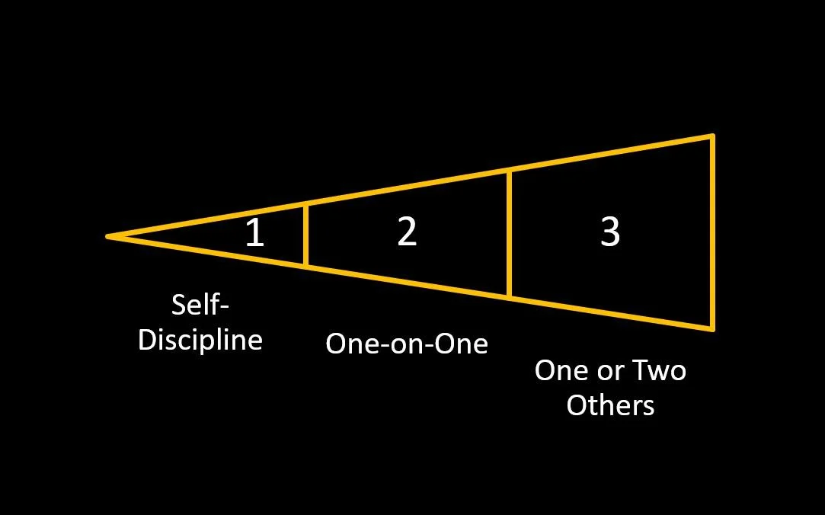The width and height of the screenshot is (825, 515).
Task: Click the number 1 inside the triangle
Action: [x=254, y=233]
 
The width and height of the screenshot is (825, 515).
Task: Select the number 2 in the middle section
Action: [x=408, y=232]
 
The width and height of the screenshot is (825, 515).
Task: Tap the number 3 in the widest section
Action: [x=609, y=232]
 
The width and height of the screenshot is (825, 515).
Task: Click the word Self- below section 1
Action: [x=200, y=305]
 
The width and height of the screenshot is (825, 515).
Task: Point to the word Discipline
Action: [x=200, y=339]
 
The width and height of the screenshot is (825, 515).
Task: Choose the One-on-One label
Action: [x=406, y=344]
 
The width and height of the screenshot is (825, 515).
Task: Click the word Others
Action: [x=610, y=405]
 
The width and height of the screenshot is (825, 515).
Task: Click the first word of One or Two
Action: [x=560, y=371]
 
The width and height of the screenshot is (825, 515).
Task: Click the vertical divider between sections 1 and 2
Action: [x=305, y=234]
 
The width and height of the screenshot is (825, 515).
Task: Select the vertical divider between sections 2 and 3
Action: [x=509, y=233]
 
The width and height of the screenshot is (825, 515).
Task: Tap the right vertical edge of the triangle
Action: [x=712, y=232]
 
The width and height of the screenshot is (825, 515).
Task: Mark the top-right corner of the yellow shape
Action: [x=712, y=136]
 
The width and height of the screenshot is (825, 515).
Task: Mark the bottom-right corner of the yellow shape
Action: [x=712, y=329]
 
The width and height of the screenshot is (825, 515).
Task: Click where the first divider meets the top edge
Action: [x=305, y=204]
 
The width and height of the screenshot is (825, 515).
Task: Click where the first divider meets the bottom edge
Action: [x=305, y=264]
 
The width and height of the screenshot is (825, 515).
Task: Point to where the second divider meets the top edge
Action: [x=509, y=171]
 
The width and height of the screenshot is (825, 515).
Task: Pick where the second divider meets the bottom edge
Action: [x=509, y=296]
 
